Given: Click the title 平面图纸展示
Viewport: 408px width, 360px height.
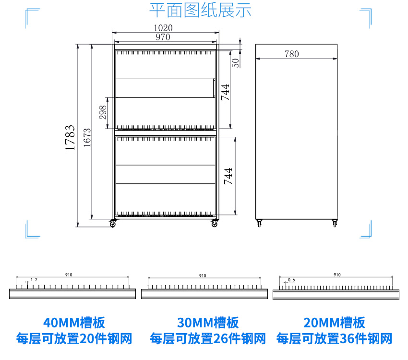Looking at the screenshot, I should coord(200,10).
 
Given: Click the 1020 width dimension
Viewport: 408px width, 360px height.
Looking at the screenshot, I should coord(163,28).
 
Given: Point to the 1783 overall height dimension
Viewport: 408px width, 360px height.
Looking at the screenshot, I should coord(70,138).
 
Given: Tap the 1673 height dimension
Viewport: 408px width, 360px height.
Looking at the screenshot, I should coord(87,138).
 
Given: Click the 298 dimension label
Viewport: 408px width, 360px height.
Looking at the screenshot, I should coord(103,112).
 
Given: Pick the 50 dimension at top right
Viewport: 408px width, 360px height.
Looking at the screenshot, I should coord(235,62).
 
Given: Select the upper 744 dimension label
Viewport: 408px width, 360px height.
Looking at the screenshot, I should coord(225,92).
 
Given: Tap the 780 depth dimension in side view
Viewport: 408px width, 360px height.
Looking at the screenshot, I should coord(291,54).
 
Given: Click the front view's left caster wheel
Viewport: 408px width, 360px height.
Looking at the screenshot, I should coord(113,224).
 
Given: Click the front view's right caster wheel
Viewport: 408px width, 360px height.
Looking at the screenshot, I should coord(215,224).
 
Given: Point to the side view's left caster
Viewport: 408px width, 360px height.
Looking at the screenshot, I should coord(260,223).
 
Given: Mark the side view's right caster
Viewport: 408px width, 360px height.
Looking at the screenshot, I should coord(334,223).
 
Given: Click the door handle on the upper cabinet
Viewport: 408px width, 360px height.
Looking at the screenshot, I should coord(214,88).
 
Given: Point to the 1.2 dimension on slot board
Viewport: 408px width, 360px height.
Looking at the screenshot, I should coord(34,279).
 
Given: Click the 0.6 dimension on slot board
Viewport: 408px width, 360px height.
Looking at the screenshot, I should coord(291,279).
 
